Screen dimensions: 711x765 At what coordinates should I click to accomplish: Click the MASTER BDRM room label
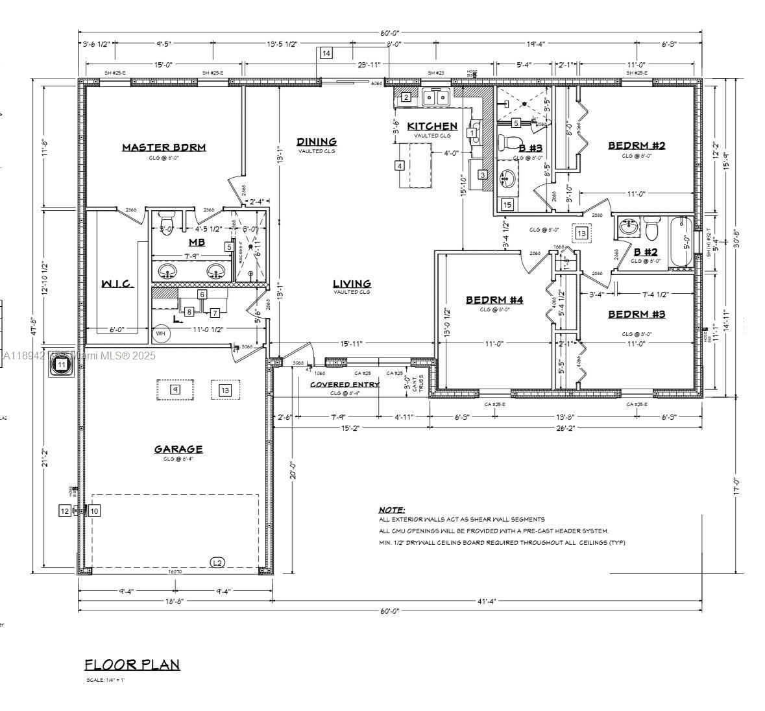coord(164,147)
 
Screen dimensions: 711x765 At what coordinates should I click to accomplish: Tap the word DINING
coord(317,141)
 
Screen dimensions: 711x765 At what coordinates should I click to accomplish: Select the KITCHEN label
coord(432,126)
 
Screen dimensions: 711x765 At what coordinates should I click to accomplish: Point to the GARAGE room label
coord(178,449)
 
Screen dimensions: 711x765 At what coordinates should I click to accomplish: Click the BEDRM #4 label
coord(494,300)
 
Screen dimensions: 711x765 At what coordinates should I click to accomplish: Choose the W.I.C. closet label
coord(117,284)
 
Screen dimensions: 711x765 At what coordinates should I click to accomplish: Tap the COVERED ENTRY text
coord(344,384)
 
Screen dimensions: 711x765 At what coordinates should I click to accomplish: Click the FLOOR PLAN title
coord(132,664)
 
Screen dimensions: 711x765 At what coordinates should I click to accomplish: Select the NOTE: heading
coord(391,510)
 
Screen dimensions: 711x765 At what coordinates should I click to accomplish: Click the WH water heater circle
coord(161,334)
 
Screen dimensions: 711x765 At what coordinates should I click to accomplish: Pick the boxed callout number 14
coord(326,53)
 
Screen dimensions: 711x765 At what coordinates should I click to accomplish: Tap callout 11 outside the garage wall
coord(62,365)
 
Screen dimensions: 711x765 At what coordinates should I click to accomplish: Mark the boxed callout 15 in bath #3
coord(507,205)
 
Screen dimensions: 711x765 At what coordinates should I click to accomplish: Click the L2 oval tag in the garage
coord(218,562)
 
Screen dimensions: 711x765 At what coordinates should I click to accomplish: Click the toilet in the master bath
coord(167,220)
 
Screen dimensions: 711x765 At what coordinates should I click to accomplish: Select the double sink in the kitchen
coord(437,97)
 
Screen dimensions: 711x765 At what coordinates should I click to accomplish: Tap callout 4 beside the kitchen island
coord(400,165)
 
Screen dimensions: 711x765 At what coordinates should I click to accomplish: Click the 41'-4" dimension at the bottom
coord(486,601)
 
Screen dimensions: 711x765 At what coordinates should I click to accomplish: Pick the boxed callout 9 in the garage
coord(175,389)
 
